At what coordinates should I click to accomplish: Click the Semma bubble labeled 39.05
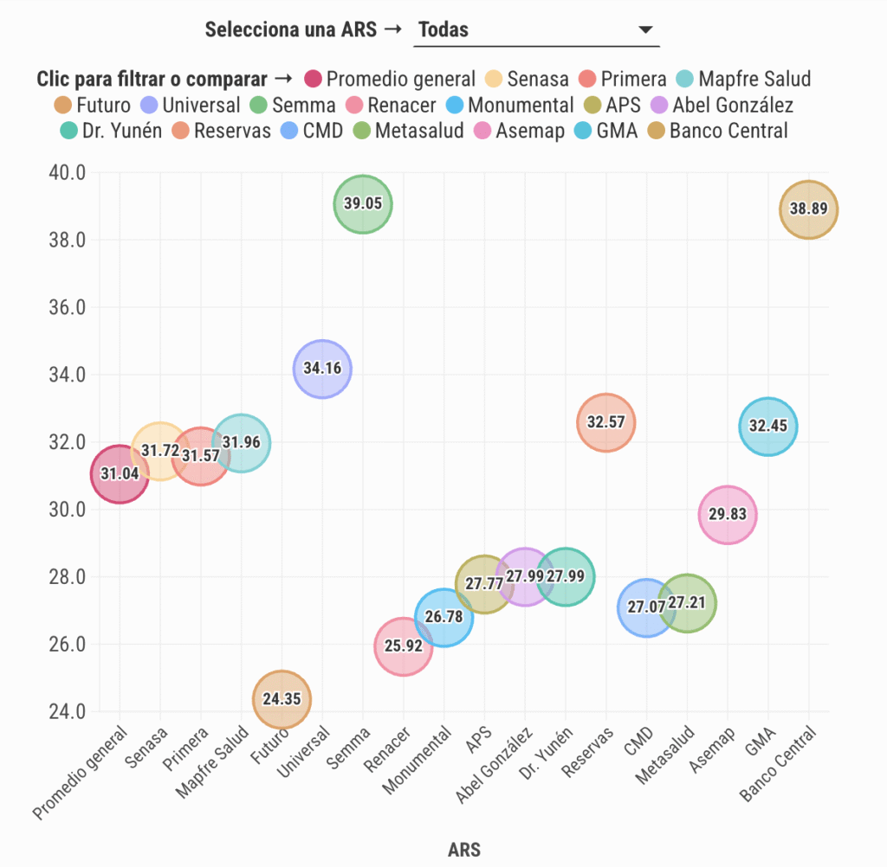[x=363, y=204]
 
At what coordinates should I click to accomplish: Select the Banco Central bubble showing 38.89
[x=808, y=209]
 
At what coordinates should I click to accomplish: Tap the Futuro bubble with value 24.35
[x=282, y=699]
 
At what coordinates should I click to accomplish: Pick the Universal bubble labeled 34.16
[x=322, y=369]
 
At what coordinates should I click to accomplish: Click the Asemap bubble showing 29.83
[x=728, y=515]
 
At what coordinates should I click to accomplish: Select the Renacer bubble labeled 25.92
[x=403, y=646]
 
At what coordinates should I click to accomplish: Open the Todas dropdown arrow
[x=644, y=30]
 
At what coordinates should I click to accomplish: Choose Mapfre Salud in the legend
[x=744, y=80]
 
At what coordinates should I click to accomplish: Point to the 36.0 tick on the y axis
[x=66, y=308]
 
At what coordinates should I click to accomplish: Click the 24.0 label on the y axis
[x=66, y=712]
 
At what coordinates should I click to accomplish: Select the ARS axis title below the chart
[x=464, y=849]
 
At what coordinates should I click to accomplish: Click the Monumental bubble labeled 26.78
[x=443, y=617]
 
